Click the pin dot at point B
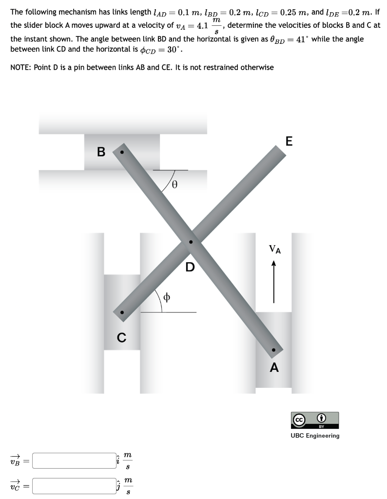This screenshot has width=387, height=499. tap(121, 152)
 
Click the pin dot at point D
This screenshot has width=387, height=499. tap(191, 242)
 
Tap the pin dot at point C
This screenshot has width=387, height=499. tap(121, 312)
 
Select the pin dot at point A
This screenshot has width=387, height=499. tap(273, 350)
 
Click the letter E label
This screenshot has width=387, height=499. tap(289, 141)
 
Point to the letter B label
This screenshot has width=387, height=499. tap(101, 152)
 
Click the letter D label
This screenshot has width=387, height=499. tap(190, 267)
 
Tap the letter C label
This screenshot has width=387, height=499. tap(121, 337)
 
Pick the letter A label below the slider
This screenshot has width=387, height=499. tap(274, 367)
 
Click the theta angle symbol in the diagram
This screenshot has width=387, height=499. tap(174, 185)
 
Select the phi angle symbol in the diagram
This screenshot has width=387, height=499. tap(166, 297)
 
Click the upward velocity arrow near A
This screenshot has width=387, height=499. tap(273, 282)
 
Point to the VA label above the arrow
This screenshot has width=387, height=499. tap(275, 249)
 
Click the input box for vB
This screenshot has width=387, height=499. tap(74, 461)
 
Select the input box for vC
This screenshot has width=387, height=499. tap(74, 486)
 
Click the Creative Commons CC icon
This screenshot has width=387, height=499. tap(299, 420)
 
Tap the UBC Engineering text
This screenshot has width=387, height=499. tap(315, 436)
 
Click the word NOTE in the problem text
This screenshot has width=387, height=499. tap(20, 67)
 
